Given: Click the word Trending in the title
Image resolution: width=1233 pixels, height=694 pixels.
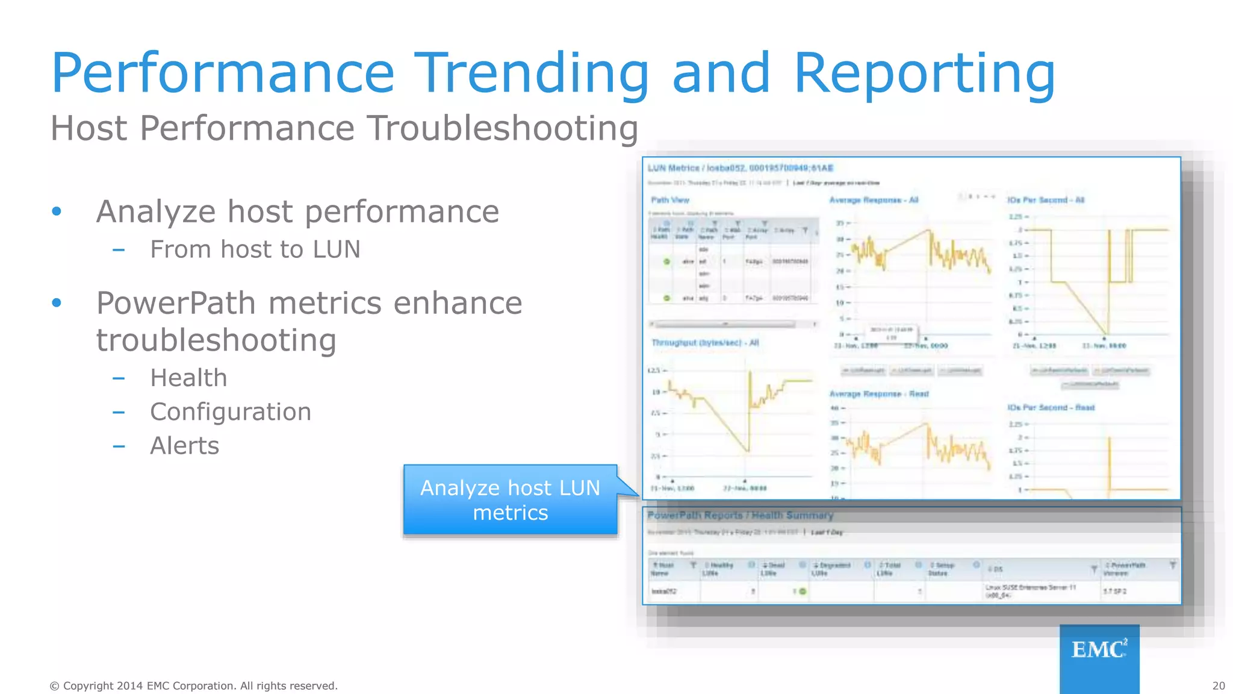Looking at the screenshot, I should [532, 73].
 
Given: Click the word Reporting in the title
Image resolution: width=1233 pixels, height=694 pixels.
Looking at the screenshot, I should [924, 73].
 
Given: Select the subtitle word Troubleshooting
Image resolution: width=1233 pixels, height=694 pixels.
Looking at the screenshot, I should [503, 128].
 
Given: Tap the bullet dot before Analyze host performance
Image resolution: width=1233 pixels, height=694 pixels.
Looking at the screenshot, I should [57, 211].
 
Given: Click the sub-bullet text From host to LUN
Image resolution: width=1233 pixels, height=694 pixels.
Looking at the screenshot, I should [255, 249].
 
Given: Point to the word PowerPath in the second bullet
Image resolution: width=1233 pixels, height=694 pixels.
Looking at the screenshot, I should [176, 303].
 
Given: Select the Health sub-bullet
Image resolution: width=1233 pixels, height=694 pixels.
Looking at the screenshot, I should [188, 378].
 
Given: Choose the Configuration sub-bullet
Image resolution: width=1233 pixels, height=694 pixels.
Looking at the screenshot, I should [231, 412].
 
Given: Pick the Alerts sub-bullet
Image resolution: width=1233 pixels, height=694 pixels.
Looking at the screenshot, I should [184, 446].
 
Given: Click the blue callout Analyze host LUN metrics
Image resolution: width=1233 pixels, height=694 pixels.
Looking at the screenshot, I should [510, 500].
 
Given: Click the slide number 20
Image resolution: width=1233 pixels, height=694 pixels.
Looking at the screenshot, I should [1218, 686].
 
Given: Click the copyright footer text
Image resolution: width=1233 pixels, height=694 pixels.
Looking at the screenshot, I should [193, 686].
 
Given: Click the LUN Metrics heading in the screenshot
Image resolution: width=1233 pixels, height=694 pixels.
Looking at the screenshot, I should [740, 168].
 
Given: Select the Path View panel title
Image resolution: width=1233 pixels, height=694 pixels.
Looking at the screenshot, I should [669, 200].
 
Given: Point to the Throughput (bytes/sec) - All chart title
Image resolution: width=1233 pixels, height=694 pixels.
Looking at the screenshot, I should [705, 343].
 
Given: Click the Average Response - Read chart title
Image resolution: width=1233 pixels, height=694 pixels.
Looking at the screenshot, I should [878, 394].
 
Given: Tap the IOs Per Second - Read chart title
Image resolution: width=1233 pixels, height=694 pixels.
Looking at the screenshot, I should [1051, 408].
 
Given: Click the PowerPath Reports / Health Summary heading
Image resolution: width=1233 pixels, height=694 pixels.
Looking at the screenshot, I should [740, 516].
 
